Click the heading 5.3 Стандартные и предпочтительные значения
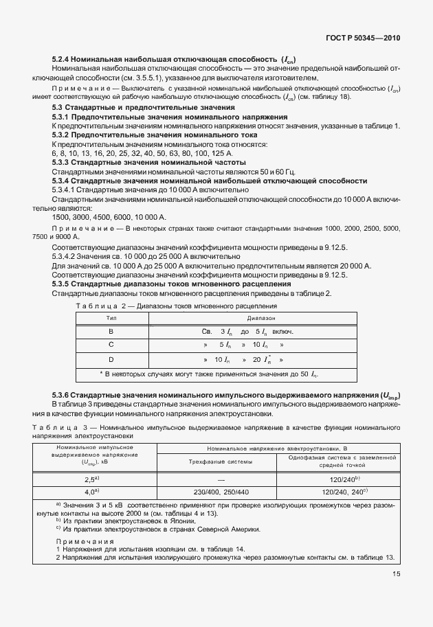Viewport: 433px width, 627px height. click(x=144, y=108)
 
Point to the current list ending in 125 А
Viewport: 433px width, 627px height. click(x=111, y=152)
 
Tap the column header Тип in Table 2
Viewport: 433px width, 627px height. click(x=110, y=318)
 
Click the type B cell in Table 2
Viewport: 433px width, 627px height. click(x=110, y=331)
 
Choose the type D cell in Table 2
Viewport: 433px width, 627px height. click(x=110, y=359)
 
